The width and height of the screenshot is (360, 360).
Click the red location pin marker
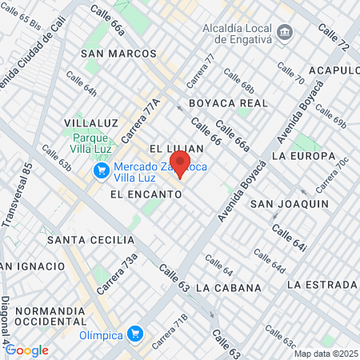pos(181,164)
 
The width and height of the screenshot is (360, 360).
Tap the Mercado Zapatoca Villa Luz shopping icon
pos(102,170)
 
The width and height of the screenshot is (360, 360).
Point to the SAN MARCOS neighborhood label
pos(119,53)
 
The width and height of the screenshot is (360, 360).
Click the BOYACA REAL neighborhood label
pos(228,103)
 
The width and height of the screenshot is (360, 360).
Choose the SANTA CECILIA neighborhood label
pos(90,239)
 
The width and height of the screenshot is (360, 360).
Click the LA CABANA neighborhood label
pos(228,287)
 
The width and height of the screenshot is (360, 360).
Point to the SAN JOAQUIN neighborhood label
pos(290,204)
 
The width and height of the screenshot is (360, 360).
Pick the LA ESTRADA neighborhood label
pos(321,284)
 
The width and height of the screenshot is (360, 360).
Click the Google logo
pos(26,350)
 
